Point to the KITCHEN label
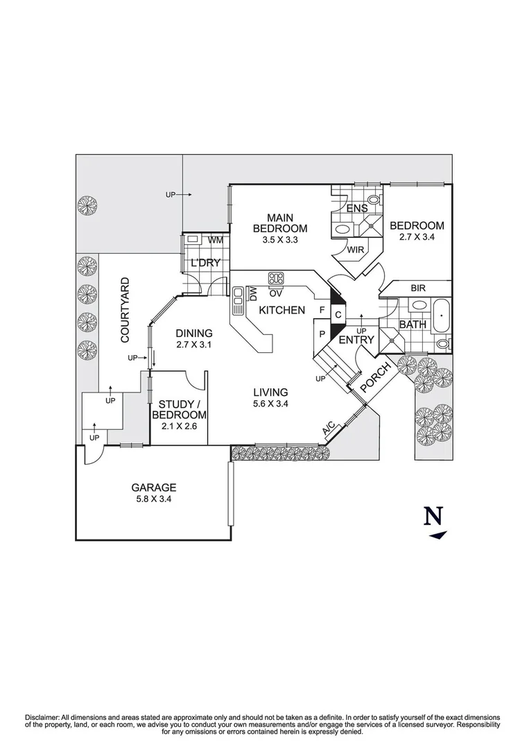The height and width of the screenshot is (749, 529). point(281,310)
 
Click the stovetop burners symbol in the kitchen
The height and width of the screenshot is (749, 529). point(277,278)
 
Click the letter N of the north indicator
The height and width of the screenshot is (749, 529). point(433,517)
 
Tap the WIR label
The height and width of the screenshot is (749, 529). point(356,249)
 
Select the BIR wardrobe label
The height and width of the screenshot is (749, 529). point(418,288)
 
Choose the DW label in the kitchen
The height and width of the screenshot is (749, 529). point(254,293)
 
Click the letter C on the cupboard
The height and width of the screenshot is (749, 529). point(338,315)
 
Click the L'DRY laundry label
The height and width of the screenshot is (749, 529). point(205,263)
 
